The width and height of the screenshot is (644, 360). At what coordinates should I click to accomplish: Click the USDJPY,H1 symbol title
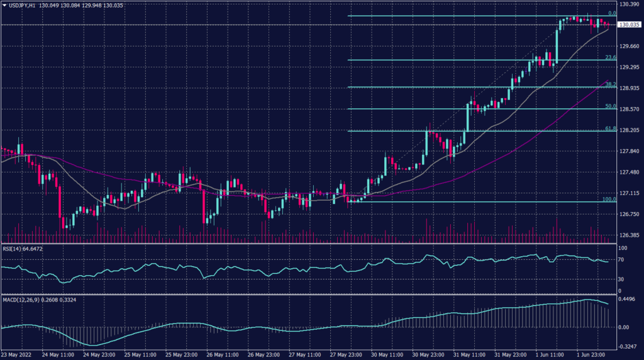22,5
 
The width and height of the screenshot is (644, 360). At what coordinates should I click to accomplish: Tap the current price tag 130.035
629,25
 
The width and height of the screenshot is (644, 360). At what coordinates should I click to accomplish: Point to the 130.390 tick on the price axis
629,4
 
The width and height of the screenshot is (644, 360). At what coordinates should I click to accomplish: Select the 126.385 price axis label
629,235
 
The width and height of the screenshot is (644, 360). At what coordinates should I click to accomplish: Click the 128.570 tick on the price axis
629,109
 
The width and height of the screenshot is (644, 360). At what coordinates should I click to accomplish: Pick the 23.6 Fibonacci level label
609,57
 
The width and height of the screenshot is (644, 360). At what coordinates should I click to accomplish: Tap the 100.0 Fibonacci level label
608,199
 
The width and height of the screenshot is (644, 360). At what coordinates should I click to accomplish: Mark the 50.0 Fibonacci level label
609,106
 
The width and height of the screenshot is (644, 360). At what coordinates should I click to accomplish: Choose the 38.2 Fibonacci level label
609,84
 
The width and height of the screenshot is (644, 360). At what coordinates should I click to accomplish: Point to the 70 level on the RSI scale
621,259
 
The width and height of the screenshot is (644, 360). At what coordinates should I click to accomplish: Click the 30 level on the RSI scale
621,278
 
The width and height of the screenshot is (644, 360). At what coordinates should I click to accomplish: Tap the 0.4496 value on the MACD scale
628,300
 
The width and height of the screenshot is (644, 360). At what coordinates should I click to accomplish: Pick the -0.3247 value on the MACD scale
628,346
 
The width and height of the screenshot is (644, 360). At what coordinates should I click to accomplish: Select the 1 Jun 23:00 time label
591,355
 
